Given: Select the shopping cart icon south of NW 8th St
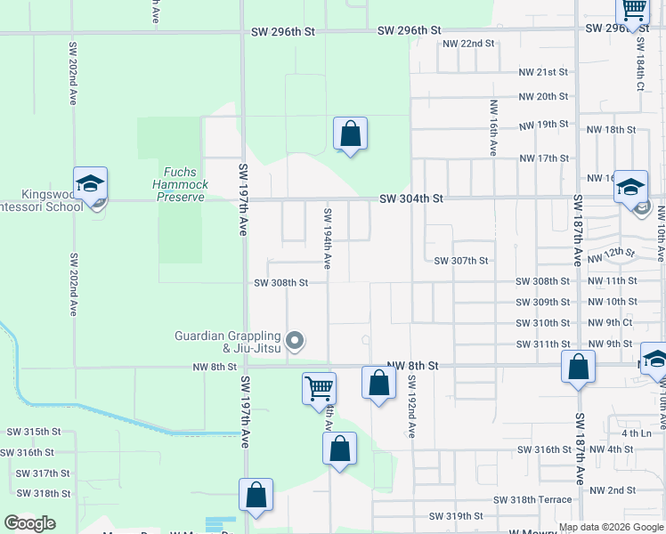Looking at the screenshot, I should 319,388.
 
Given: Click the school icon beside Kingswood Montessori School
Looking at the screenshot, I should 90,184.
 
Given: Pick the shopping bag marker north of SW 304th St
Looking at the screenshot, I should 351,134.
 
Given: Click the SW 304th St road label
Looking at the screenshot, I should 411,199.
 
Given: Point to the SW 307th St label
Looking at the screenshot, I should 461,261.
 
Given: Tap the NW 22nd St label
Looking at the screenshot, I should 467,43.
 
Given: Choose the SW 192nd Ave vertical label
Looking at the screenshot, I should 412,406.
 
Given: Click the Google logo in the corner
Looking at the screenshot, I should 29,522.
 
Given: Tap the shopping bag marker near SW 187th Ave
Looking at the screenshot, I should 578,366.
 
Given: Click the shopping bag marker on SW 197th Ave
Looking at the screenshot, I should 256,497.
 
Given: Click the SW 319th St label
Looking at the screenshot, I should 456,516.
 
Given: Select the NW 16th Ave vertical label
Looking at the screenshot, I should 492,127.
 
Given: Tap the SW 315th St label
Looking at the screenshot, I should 33,431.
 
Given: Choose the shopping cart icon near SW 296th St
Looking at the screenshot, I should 632,11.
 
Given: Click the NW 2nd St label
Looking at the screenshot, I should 612,490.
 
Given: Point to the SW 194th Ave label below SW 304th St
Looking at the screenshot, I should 328,239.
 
